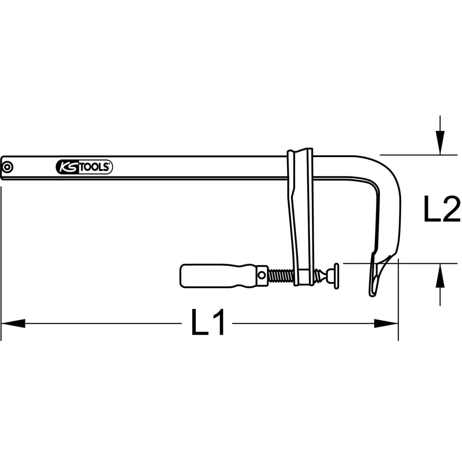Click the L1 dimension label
pos(208,322)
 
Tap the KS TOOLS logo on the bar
pos(84,167)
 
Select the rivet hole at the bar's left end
pos(7,167)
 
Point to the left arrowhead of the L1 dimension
pos(13,323)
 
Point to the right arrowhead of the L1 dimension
pos(386,323)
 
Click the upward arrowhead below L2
pos(440,275)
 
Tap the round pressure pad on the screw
pos(336,276)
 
